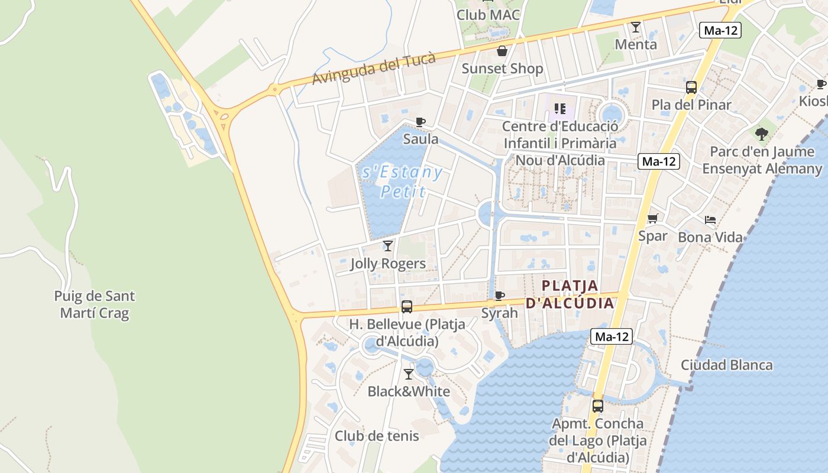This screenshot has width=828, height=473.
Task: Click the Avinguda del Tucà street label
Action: [x=374, y=69]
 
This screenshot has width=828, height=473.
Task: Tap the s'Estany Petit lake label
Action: [x=402, y=182]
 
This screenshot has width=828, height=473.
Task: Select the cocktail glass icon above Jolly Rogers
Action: [x=388, y=245]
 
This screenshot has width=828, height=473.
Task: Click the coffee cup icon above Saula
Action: [x=421, y=122]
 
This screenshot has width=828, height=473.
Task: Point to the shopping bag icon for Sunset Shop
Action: [x=502, y=51]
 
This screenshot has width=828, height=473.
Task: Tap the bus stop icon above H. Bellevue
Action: [x=407, y=307]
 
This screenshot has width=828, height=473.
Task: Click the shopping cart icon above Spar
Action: [x=653, y=219]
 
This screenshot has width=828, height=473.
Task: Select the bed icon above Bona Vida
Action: [x=710, y=220]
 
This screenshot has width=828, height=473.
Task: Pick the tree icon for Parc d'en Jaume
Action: [x=762, y=134]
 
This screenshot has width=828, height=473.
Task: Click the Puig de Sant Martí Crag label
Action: [x=95, y=304]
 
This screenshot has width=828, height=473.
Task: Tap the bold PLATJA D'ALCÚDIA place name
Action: [x=570, y=294]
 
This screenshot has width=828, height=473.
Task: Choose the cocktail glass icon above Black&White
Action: [x=409, y=374]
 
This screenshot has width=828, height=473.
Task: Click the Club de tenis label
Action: [x=377, y=436]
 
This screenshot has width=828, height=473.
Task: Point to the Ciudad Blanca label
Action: [x=726, y=365]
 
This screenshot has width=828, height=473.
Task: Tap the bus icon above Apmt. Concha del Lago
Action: [x=598, y=406]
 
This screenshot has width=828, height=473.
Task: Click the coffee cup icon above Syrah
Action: [x=500, y=296]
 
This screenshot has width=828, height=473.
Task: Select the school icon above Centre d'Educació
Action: [x=560, y=109]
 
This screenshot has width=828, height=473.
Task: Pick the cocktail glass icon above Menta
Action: [x=636, y=27]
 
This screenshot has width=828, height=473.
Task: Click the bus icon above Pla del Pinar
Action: [x=691, y=88]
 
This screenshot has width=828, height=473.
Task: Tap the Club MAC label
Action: [x=488, y=14]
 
